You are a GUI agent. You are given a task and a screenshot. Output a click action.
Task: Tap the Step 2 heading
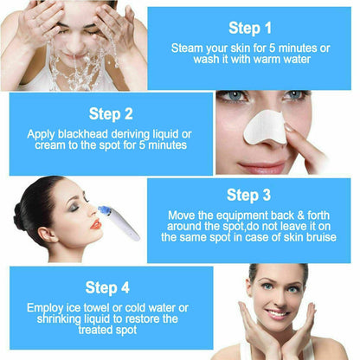coord(112,113)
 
